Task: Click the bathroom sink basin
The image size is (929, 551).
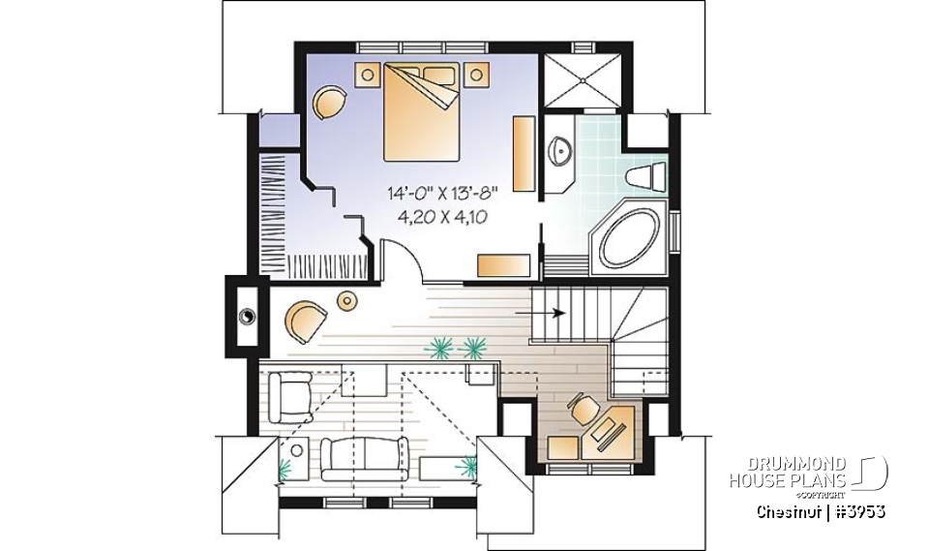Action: click(560, 151)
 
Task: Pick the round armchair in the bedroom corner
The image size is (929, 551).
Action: click(329, 102)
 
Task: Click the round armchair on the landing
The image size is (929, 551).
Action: click(305, 320)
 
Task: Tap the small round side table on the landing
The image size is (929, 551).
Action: click(346, 302)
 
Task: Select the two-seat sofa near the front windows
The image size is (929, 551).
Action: click(365, 456)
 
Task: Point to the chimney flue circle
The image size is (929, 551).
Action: click(247, 314)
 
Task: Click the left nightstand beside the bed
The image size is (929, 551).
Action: click(369, 75)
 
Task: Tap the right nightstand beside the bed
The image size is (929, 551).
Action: click(477, 75)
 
